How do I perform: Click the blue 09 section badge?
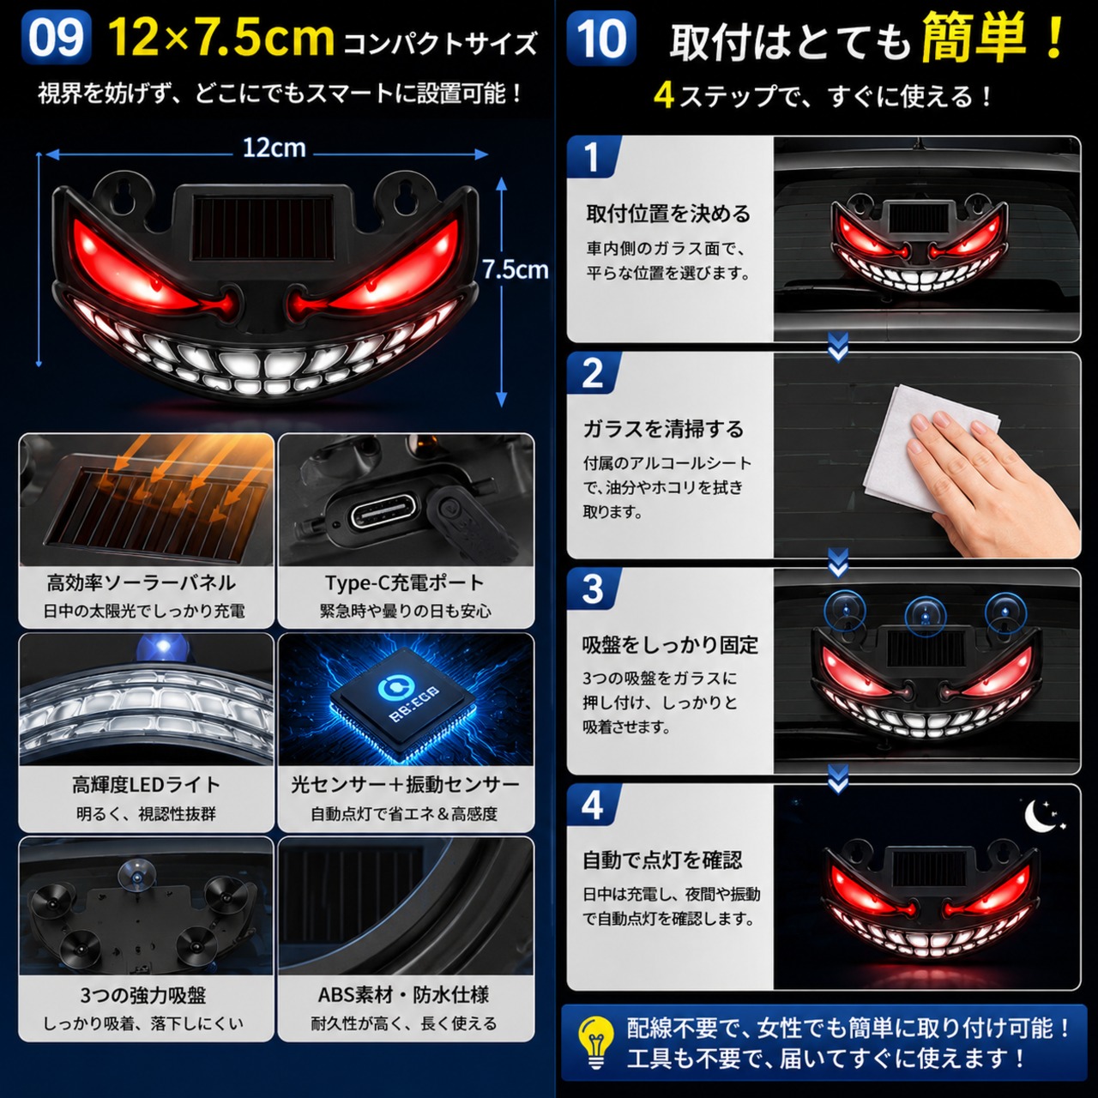[56, 38]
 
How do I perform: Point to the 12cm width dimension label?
[274, 148]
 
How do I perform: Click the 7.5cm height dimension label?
[515, 269]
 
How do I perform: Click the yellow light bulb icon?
[595, 1042]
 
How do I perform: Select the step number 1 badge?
[593, 156]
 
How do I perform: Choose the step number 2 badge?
[593, 373]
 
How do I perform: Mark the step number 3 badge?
[593, 588]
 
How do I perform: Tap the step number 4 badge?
[593, 805]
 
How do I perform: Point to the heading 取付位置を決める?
[668, 214]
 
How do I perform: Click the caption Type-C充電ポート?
[405, 583]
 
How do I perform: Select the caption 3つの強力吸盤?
[143, 995]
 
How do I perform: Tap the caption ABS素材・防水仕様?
[403, 995]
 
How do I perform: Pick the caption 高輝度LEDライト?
[146, 785]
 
